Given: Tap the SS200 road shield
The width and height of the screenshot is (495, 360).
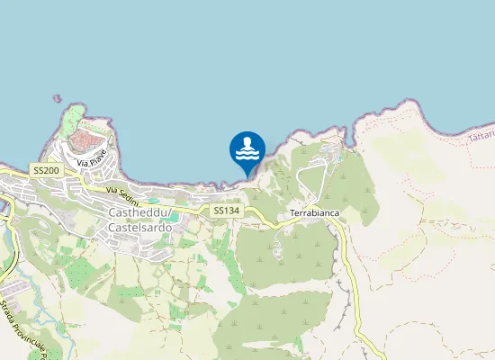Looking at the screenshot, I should (x=45, y=170).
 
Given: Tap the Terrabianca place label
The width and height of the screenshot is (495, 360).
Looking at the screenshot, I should (x=314, y=213).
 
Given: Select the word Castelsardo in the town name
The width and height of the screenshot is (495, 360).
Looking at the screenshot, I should (x=139, y=227).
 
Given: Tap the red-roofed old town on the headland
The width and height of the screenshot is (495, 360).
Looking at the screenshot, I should (x=88, y=140).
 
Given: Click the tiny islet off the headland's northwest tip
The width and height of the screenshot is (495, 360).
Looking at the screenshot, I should (x=57, y=98).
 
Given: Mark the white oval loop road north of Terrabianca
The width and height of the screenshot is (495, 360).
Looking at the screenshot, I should (x=311, y=179).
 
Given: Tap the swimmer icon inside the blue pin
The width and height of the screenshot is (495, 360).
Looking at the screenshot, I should (x=247, y=144).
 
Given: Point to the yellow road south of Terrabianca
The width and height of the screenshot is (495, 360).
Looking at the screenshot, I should (x=349, y=270).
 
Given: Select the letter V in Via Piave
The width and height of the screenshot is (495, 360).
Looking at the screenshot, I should (x=79, y=164).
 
